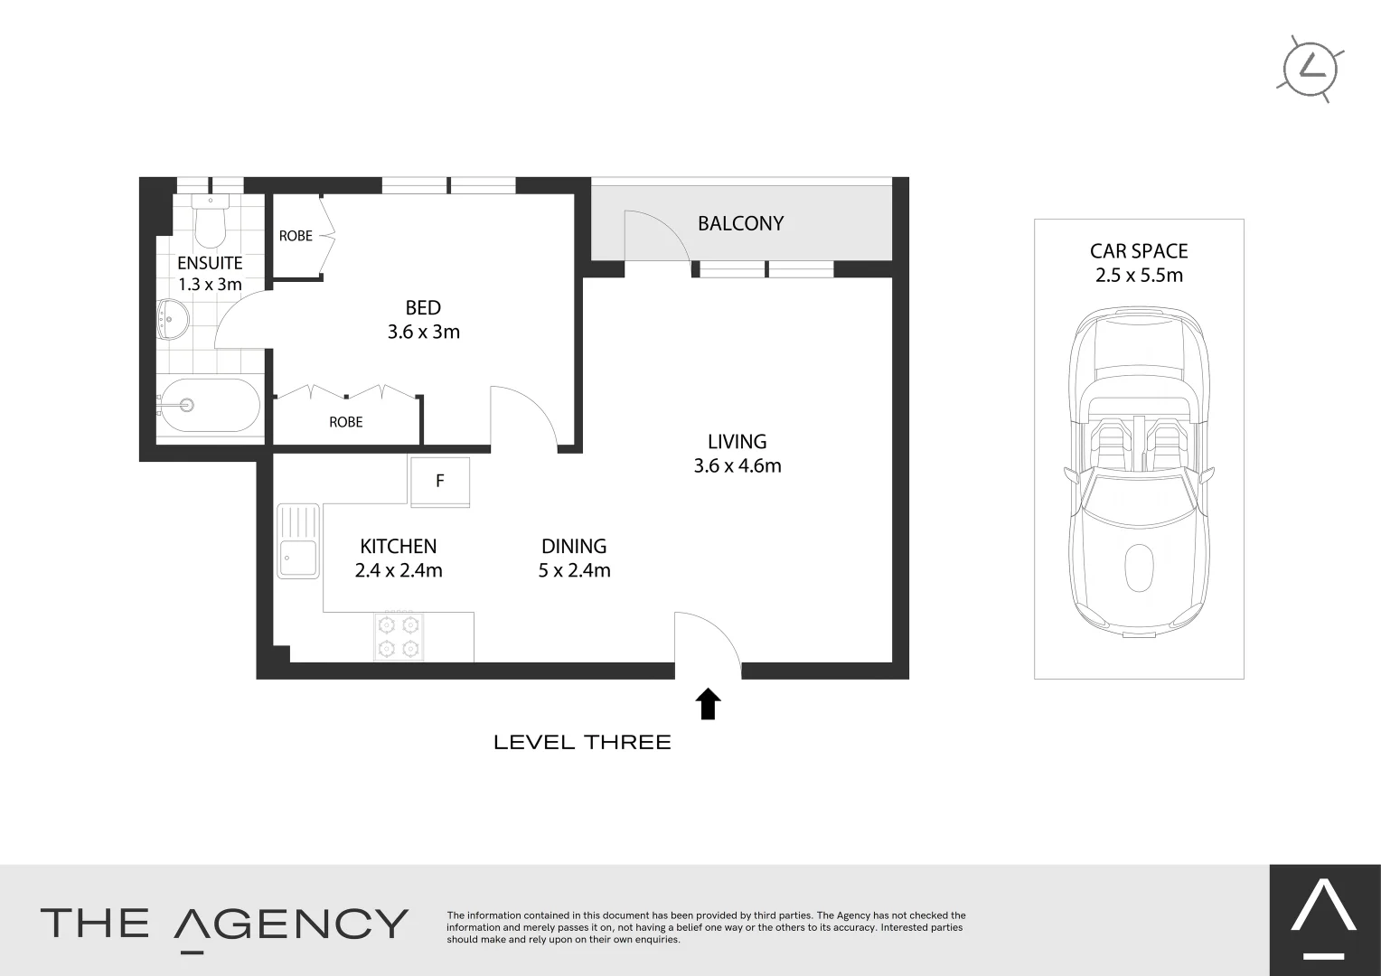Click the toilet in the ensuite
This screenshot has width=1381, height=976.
point(211,221)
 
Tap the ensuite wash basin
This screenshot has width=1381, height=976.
point(173,319)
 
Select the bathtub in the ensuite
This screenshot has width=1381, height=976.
point(210,405)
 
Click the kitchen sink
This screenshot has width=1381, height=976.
point(298,541)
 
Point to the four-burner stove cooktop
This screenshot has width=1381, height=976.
point(399,637)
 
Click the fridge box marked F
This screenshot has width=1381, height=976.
point(439,482)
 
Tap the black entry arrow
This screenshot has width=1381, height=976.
point(708,703)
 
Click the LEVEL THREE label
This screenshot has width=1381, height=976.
point(582,742)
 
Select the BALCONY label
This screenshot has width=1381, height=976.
point(740,223)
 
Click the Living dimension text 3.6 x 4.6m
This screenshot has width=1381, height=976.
point(737,465)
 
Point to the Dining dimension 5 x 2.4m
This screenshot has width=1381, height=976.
point(575,570)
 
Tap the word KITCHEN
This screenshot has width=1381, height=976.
point(399,546)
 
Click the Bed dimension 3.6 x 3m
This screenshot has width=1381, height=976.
point(424,332)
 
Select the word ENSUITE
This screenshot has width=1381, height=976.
point(210,263)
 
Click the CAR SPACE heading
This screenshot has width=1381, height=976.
point(1139,251)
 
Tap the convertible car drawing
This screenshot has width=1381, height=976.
point(1139,473)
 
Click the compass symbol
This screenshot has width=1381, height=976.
point(1311,69)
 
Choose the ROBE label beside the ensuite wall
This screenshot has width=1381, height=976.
point(296,236)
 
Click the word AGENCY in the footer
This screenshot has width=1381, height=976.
point(291,924)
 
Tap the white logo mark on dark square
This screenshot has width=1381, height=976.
point(1324,921)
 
